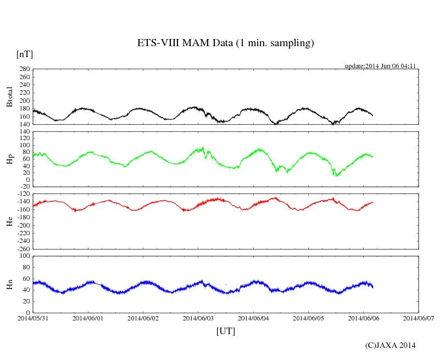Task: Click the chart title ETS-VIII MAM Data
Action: [x=225, y=43]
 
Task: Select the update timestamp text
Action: [x=380, y=66]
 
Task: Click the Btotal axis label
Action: [x=9, y=97]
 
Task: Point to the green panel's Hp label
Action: [x=9, y=159]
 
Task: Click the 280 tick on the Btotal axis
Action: [x=24, y=69]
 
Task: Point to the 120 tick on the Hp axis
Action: [x=24, y=132]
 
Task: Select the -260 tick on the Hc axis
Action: [x=22, y=249]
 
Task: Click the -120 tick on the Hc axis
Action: [x=22, y=194]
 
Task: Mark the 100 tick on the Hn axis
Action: [x=24, y=256]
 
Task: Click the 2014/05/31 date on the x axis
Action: [x=32, y=318]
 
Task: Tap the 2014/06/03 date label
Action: [x=198, y=318]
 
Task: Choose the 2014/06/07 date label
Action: [x=418, y=318]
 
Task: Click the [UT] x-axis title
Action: [x=226, y=331]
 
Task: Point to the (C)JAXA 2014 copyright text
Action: [x=391, y=345]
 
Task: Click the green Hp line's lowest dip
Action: [x=336, y=176]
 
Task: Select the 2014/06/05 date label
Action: [x=308, y=318]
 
